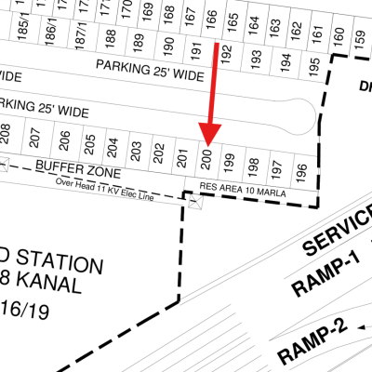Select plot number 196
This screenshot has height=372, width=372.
[299, 172]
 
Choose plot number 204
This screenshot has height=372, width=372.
[113, 145]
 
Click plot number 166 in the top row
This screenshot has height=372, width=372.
[211, 18]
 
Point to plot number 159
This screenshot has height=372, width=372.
[359, 37]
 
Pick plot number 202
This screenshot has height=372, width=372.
[159, 151]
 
